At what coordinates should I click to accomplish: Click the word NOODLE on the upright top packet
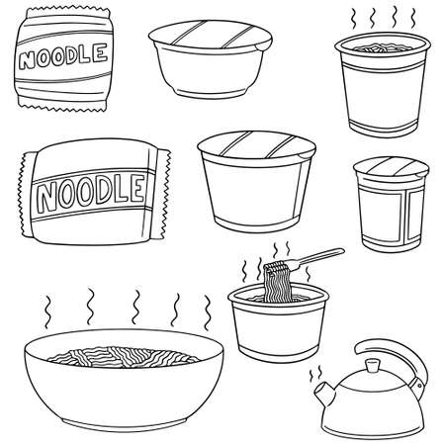coord(62,54)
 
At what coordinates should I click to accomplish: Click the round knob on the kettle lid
coord(372,367)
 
